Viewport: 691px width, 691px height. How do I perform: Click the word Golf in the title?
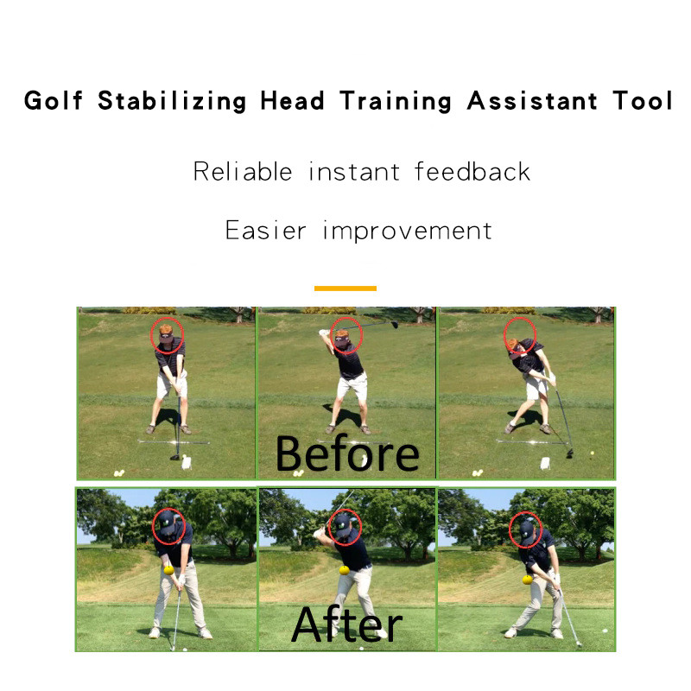click(54, 101)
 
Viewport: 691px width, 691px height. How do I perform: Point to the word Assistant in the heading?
click(531, 101)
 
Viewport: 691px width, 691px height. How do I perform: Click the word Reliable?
click(243, 171)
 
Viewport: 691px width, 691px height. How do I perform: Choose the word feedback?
click(472, 171)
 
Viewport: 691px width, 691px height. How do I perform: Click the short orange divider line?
click(345, 288)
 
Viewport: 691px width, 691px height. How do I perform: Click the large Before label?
click(347, 453)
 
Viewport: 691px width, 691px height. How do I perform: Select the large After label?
click(347, 624)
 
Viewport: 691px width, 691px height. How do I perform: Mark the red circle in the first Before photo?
click(168, 335)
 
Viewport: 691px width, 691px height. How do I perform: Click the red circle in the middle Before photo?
click(345, 335)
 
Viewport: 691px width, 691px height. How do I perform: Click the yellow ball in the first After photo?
click(168, 569)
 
